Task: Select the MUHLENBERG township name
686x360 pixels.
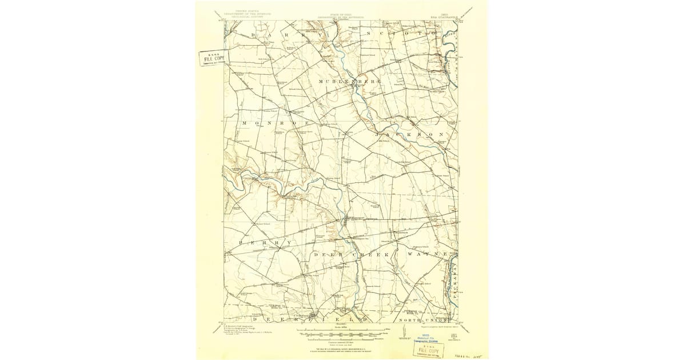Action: [x=345, y=82]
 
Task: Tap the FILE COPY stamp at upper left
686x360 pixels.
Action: [x=212, y=58]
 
